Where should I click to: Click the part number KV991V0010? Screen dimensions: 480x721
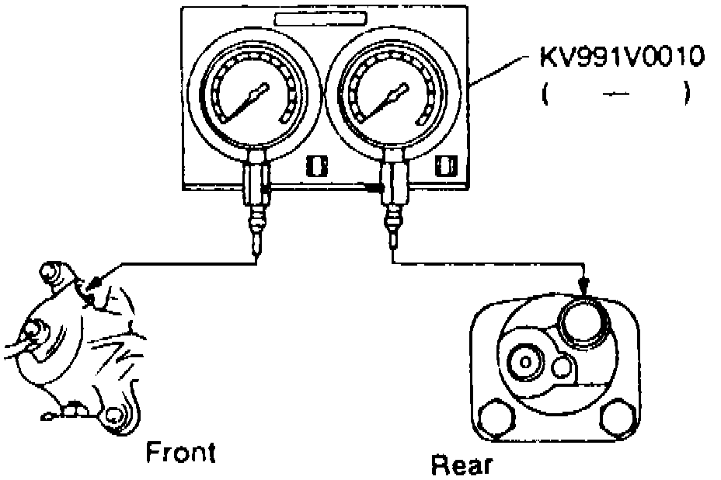pyautogui.click(x=622, y=59)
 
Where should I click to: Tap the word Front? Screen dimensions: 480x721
pyautogui.click(x=180, y=452)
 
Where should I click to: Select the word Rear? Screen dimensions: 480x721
pyautogui.click(x=462, y=464)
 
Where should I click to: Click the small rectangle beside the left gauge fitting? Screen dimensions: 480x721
pyautogui.click(x=314, y=165)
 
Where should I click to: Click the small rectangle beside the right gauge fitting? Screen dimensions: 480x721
pyautogui.click(x=445, y=165)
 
